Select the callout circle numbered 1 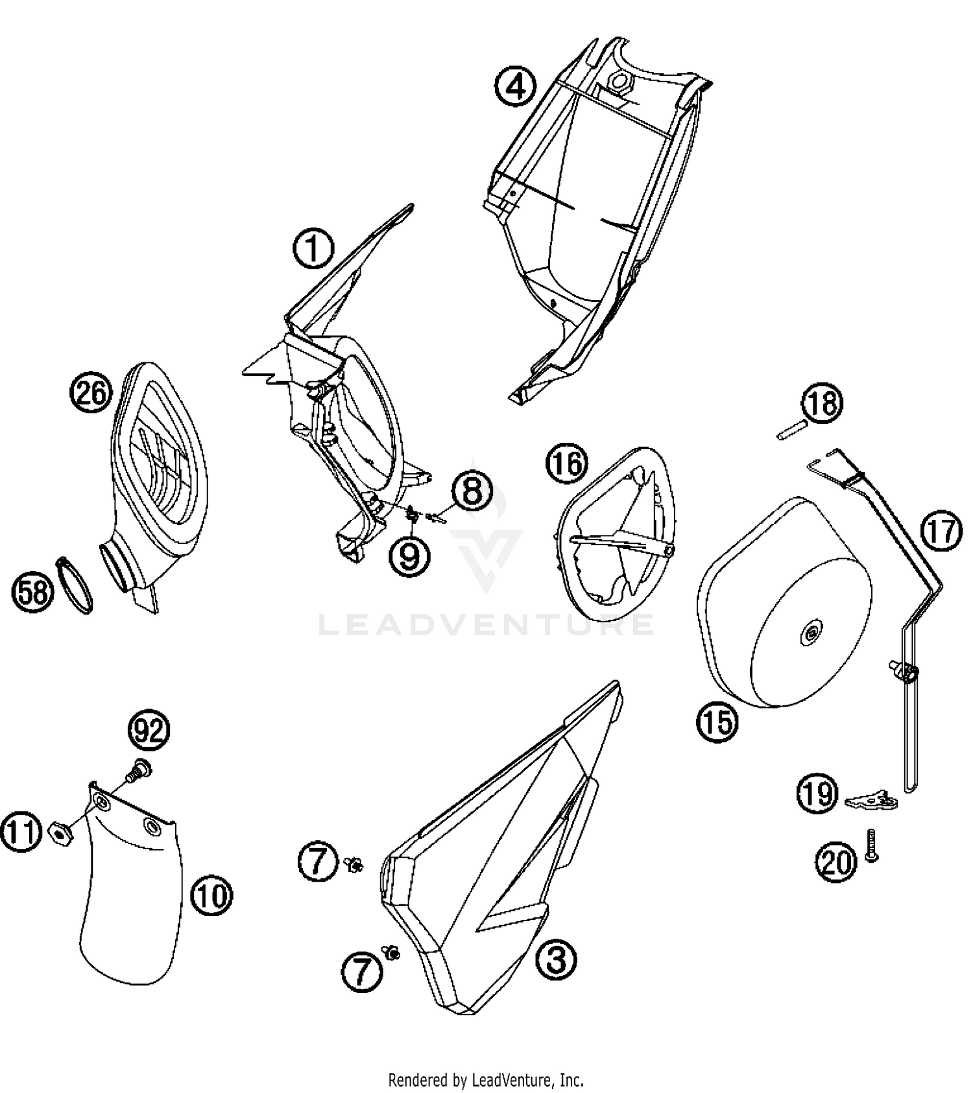coord(313,250)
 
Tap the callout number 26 coord(91,392)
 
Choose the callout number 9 coord(409,556)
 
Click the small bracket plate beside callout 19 coord(873,801)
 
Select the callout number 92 coord(149,731)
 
